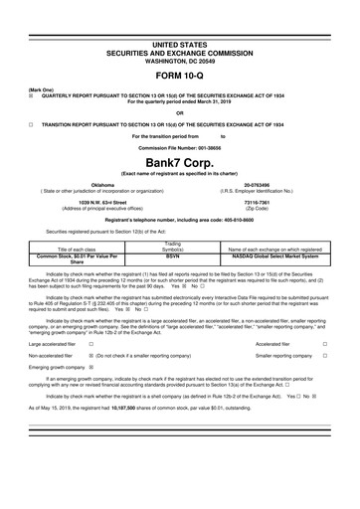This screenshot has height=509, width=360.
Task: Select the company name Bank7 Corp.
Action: click(x=179, y=161)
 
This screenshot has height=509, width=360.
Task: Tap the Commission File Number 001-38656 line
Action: click(x=179, y=145)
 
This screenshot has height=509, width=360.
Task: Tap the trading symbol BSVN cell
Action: click(x=172, y=255)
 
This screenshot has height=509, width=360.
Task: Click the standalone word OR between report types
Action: click(x=179, y=112)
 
